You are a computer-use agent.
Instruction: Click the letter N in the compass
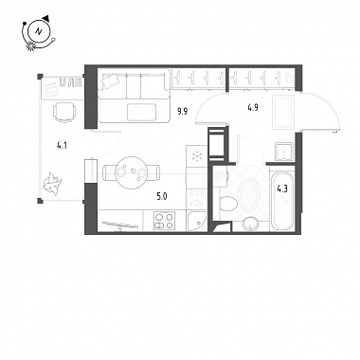point(39,31)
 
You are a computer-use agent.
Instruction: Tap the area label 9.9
point(182,112)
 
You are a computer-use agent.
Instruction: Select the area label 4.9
point(253,108)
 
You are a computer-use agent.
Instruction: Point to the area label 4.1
point(62,146)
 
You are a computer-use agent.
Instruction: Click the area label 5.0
point(162,197)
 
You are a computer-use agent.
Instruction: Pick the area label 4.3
point(282,189)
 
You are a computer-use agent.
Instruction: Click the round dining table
point(132,172)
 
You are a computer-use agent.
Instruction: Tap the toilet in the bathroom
point(228,204)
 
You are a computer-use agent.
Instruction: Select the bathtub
point(282,200)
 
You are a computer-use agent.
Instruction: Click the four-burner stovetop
point(164,221)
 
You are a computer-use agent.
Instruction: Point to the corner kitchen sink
point(197,222)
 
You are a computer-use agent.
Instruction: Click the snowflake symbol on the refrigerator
point(197,155)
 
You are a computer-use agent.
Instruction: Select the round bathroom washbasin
point(251,224)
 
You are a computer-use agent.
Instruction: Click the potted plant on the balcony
point(51,184)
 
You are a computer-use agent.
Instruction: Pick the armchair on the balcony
point(64,111)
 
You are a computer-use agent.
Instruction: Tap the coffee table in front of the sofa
point(141,112)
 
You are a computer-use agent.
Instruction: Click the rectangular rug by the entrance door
point(283,112)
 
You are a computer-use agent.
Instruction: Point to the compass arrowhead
point(46,18)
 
